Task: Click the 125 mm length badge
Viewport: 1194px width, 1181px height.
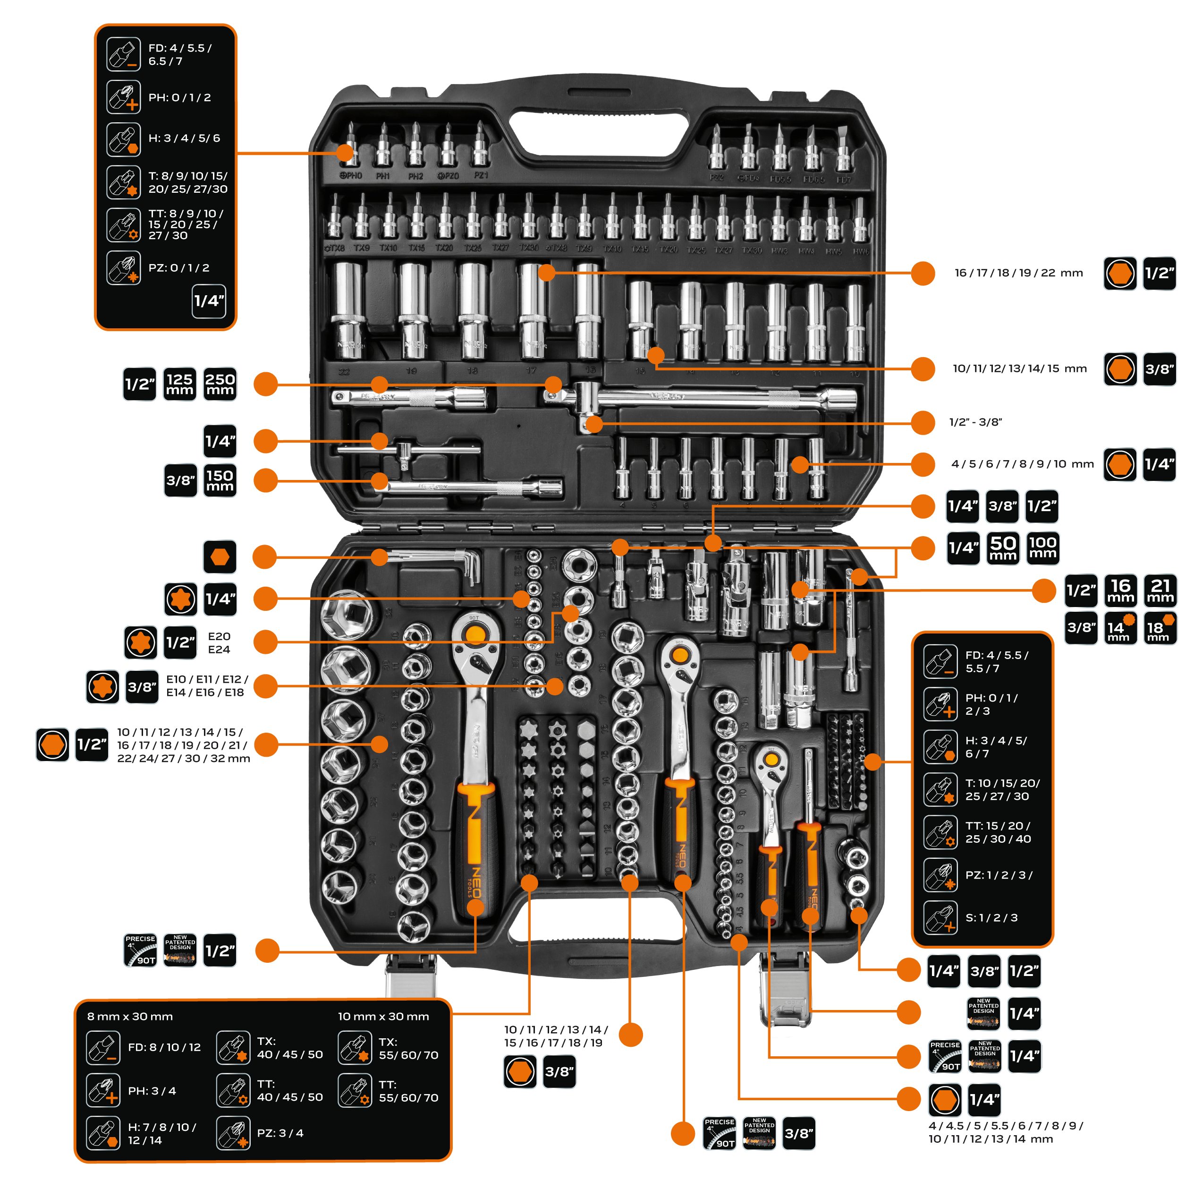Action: (x=179, y=384)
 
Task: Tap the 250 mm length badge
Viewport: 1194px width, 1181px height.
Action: (x=220, y=384)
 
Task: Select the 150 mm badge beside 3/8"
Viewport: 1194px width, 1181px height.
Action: (x=220, y=480)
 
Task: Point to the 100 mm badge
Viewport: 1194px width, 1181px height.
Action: (x=1042, y=548)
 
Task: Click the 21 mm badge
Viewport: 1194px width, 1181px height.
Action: (x=1160, y=590)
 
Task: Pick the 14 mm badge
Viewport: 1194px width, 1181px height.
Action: (x=1120, y=628)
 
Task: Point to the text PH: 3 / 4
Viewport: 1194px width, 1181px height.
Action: (x=152, y=1091)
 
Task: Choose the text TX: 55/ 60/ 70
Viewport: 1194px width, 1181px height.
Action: (x=408, y=1049)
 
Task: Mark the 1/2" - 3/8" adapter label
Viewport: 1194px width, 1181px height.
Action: (x=975, y=422)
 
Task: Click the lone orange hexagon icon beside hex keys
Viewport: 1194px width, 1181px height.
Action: (x=220, y=557)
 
